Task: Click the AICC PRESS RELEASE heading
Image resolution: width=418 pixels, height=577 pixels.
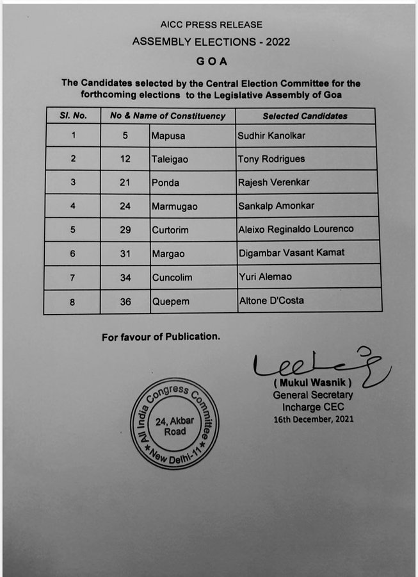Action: click(211, 24)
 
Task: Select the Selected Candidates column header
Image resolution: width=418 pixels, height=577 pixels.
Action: click(305, 116)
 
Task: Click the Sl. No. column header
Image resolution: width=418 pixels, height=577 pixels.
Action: click(72, 116)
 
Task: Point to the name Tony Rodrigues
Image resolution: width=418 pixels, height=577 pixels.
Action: click(271, 159)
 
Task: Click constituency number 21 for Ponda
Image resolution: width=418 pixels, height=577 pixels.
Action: click(125, 183)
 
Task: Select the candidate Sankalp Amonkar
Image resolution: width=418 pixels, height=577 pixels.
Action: click(275, 206)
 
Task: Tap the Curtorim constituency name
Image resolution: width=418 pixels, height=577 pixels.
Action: click(172, 230)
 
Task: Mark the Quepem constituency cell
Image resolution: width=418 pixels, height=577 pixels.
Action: click(170, 301)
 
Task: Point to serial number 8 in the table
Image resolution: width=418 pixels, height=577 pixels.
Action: click(72, 301)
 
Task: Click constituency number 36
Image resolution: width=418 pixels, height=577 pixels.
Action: click(125, 301)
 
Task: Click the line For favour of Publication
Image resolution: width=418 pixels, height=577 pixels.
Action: click(161, 337)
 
